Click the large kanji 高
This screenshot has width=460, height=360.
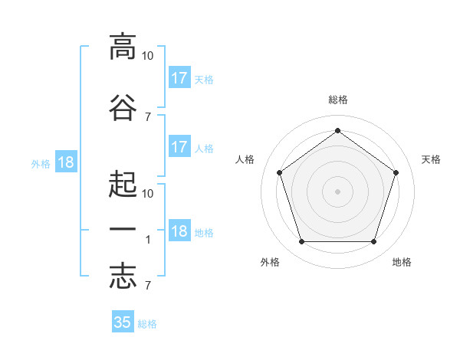tap(123, 47)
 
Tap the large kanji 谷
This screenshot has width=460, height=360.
tap(123, 107)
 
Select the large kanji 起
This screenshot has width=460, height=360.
tap(123, 184)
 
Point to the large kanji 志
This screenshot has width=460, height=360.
tap(123, 276)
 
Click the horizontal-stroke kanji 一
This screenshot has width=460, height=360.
tap(123, 229)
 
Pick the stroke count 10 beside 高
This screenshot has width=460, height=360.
tap(147, 56)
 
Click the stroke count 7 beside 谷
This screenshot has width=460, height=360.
tap(148, 117)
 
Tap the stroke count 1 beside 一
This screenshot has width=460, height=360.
tap(148, 240)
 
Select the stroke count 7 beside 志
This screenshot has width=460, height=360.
tap(148, 285)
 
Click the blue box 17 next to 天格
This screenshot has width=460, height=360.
tap(179, 77)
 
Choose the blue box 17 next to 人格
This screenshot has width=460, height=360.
tap(179, 146)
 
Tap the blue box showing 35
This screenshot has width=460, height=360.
tap(123, 321)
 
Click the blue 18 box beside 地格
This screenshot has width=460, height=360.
tap(179, 230)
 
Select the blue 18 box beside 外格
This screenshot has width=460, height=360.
tap(66, 162)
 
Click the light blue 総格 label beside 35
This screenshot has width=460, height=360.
tap(147, 324)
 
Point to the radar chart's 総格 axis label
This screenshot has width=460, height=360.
tap(338, 100)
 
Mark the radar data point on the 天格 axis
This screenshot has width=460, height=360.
tap(396, 172)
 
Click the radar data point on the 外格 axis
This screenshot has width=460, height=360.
tap(302, 241)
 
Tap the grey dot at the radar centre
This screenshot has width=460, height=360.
tap(337, 191)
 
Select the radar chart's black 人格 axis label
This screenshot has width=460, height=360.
tap(245, 159)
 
